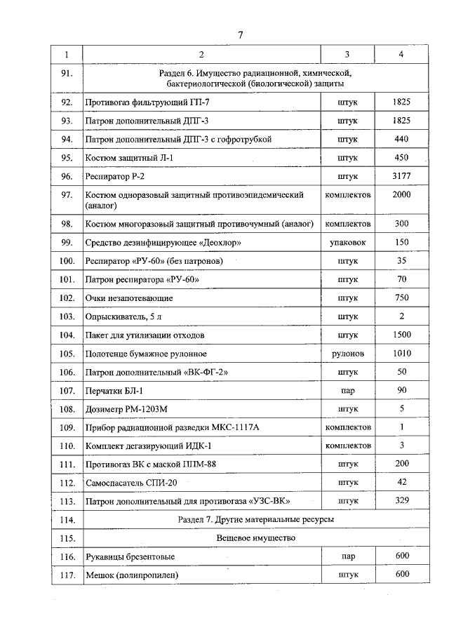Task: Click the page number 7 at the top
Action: coord(240,35)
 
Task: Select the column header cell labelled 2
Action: coord(201,54)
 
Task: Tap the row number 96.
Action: coord(67,176)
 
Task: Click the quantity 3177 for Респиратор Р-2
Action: coord(401,176)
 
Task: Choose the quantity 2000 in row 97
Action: coord(401,194)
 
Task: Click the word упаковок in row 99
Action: coord(347,242)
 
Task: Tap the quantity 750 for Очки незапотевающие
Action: coord(401,298)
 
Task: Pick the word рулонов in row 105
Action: coord(347,354)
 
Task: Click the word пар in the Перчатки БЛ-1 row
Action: coord(347,390)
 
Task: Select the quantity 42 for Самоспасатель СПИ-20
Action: coord(401,482)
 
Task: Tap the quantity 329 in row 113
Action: coord(401,501)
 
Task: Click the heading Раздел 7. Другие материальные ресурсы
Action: coord(255,519)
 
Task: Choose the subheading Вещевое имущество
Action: coord(255,537)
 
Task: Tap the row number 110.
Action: coord(67,446)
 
